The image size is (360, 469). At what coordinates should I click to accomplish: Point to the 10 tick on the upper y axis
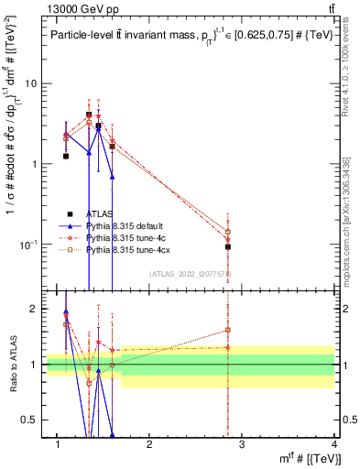tap(30, 83)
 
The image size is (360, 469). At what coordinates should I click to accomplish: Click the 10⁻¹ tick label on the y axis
tap(27, 245)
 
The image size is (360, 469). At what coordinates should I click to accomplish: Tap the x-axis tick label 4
tap(333, 444)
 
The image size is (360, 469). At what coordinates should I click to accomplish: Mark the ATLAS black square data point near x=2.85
tap(227, 246)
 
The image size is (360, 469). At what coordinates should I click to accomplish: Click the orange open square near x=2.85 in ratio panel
tap(227, 330)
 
